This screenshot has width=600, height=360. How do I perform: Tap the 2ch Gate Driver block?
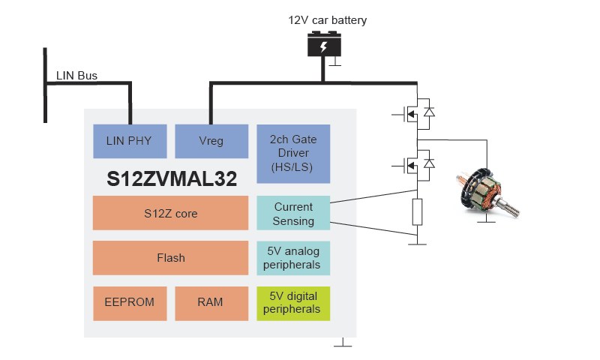point(293,154)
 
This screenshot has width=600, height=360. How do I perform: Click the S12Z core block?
point(170,213)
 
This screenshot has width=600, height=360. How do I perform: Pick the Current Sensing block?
point(293,213)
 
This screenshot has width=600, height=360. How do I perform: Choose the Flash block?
point(170,257)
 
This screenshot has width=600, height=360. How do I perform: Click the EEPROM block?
point(130,302)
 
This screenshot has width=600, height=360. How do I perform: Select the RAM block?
point(211,302)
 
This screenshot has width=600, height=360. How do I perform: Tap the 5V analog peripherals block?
point(293,257)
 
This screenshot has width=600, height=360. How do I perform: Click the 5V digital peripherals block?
point(293,302)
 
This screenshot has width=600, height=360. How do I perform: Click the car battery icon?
point(324,46)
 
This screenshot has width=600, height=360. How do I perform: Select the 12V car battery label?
point(328,20)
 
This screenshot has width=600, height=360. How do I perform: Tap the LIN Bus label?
point(76,76)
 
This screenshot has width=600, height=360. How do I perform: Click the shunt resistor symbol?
point(418,212)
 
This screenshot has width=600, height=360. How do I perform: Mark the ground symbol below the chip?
point(342,343)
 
